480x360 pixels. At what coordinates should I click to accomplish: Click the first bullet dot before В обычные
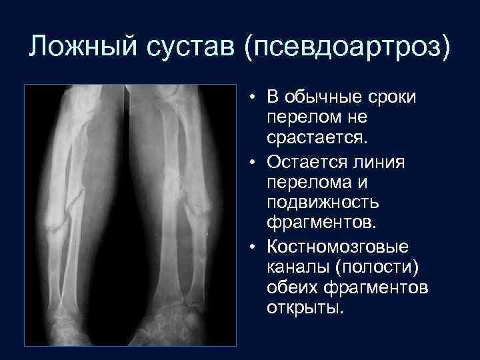(x=257, y=98)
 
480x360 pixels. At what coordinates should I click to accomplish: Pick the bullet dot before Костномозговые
(x=257, y=247)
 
